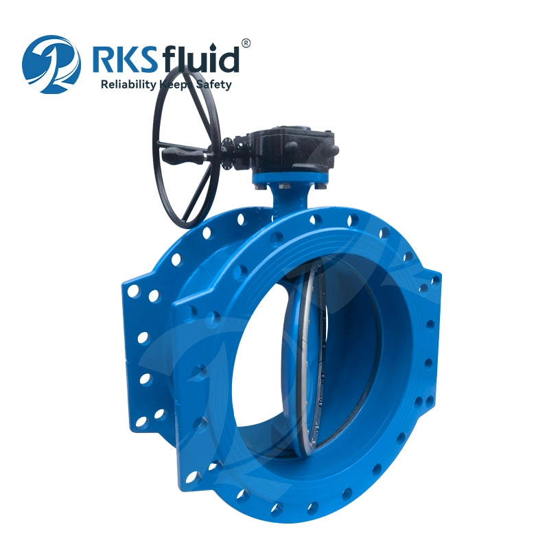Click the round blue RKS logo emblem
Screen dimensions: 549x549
point(51,65)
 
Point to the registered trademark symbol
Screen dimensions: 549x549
point(246,43)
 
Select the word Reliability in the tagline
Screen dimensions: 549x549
point(128,84)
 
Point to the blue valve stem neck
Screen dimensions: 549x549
point(290,199)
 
